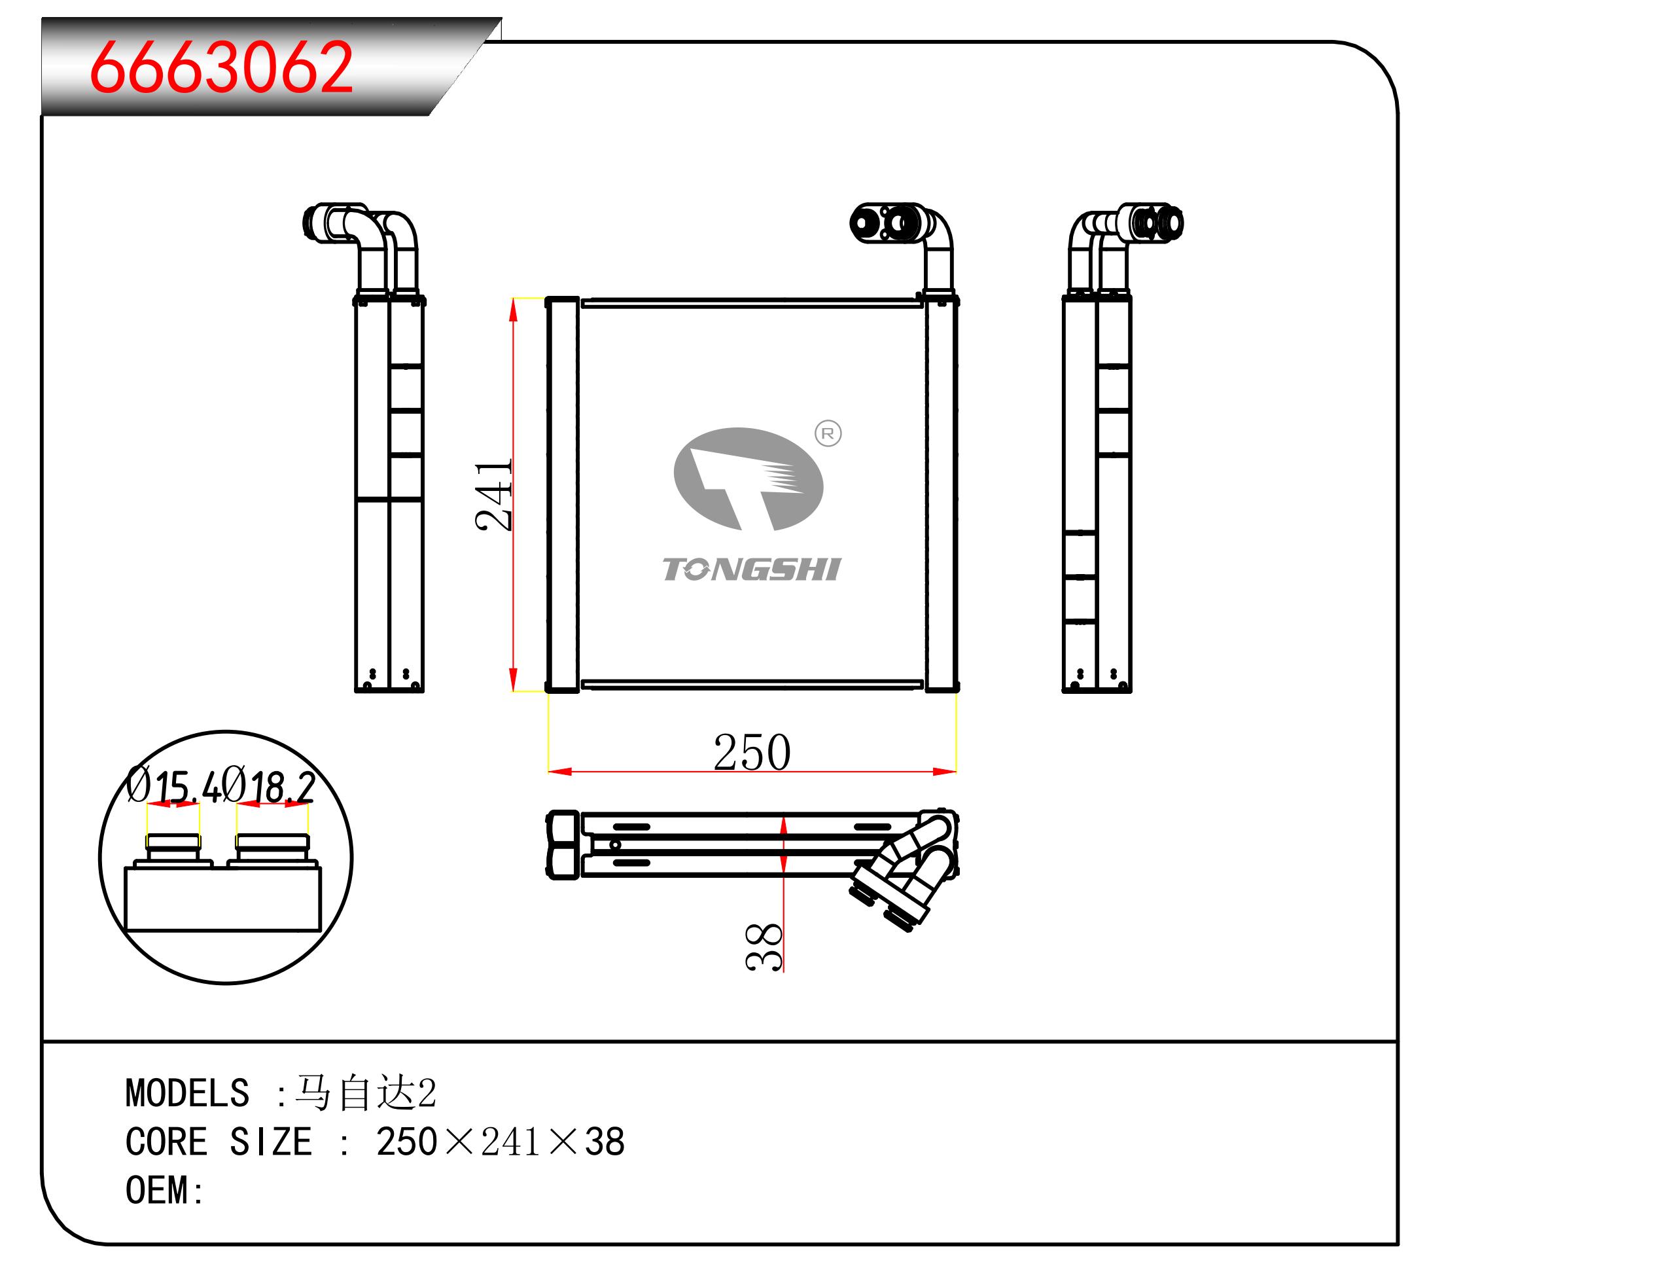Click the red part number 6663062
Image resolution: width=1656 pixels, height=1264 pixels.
point(222,67)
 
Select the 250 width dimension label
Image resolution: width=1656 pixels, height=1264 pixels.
point(752,751)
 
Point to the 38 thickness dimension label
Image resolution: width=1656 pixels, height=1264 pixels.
point(764,946)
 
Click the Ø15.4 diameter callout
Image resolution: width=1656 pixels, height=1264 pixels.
point(174,785)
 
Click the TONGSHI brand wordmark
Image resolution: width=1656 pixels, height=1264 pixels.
point(751,569)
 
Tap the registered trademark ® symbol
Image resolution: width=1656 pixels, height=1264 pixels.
point(828,433)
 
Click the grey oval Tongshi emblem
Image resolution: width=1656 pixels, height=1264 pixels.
point(749,479)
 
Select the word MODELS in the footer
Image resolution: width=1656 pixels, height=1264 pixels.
point(187,1092)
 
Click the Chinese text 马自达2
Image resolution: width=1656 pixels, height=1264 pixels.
point(366,1092)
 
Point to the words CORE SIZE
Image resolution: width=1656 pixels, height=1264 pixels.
point(218,1142)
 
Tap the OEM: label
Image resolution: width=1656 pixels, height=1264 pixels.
point(165,1190)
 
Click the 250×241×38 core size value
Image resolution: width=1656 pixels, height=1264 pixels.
point(500,1142)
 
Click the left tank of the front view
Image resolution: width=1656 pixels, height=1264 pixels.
point(563,494)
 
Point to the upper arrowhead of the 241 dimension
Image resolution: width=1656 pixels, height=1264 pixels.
point(514,310)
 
